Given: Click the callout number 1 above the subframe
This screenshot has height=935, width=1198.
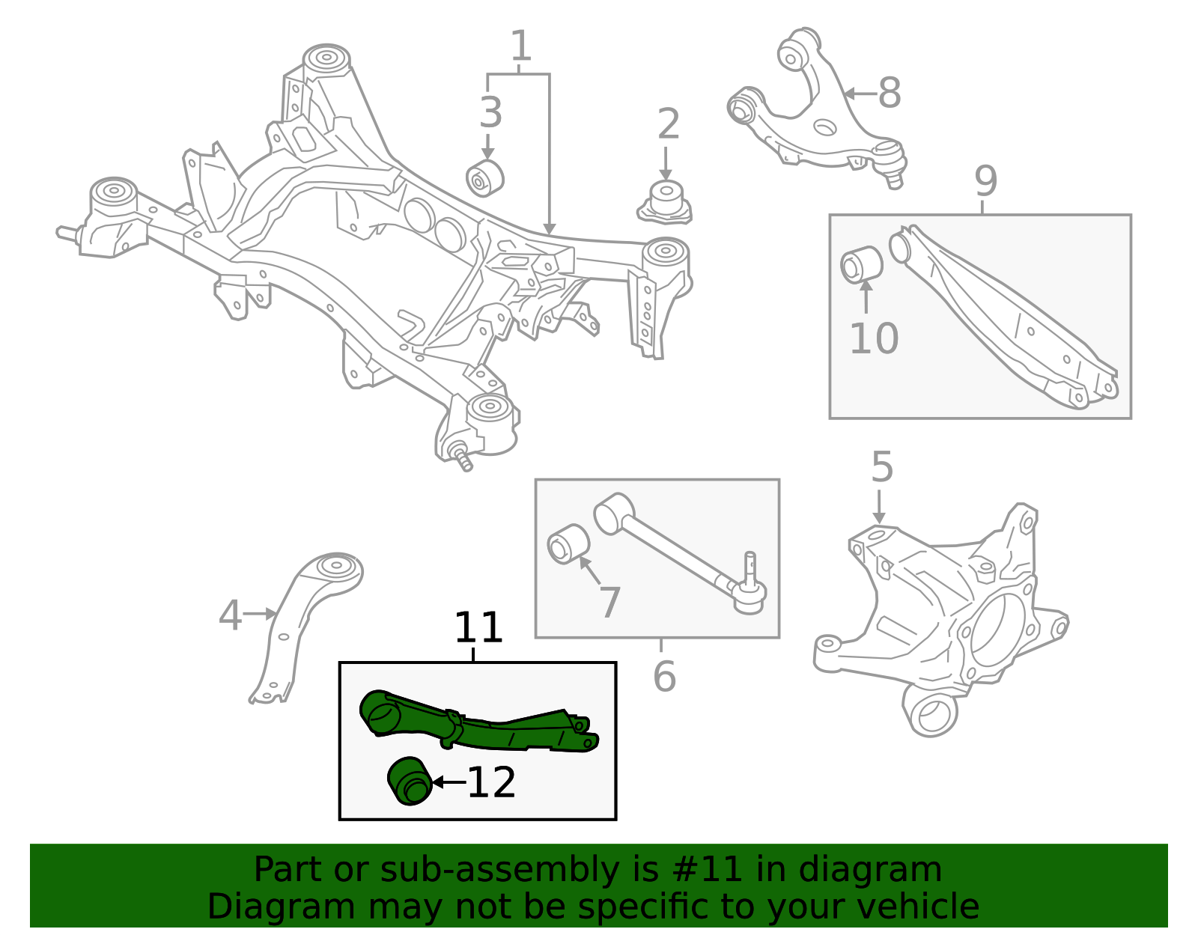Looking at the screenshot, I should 520,47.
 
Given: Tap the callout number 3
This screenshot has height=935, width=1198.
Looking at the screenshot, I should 490,113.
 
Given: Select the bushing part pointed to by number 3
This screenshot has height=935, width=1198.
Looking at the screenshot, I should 484,178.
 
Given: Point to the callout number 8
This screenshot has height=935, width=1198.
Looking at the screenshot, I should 890,94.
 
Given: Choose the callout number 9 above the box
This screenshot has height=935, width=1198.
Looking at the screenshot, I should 985,181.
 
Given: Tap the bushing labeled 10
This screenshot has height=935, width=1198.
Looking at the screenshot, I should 861,265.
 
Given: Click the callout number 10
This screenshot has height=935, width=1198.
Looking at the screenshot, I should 873,339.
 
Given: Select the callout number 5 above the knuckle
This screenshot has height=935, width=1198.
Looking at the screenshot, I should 882,467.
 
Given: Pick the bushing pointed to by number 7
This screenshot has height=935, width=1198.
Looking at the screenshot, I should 568,544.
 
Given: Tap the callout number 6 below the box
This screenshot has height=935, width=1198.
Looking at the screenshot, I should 664,677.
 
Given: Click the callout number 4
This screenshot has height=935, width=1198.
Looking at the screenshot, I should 230,615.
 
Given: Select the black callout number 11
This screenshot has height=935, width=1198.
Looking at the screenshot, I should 478,628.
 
